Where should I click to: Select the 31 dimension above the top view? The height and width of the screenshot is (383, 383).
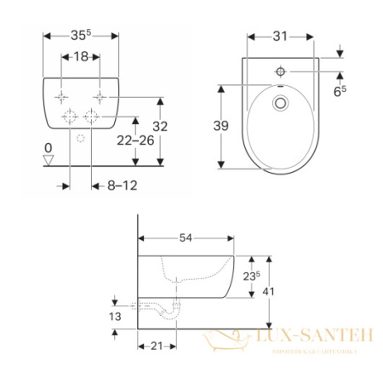pyautogui.click(x=281, y=37)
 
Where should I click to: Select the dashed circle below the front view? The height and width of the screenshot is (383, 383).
pyautogui.click(x=80, y=137)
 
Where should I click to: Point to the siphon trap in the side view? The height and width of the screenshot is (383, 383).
pyautogui.click(x=174, y=310)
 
